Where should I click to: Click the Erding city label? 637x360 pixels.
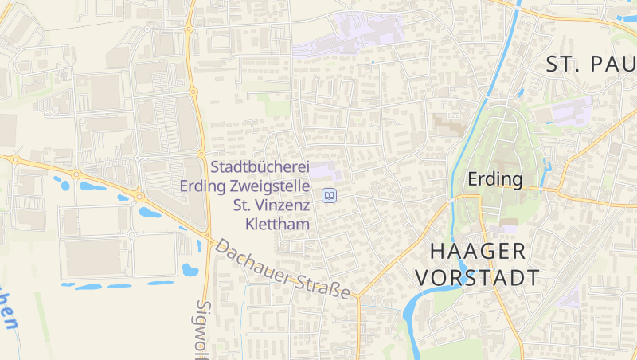tap(495, 179)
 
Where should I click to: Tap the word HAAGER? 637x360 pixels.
tap(478, 252)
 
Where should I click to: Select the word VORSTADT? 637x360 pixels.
tap(478, 278)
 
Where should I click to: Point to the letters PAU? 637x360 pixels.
tap(612, 65)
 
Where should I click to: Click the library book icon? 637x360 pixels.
tap(328, 195)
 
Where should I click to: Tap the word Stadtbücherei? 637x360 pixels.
tap(260, 168)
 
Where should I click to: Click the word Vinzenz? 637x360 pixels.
tap(283, 206)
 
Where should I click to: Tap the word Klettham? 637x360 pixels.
tap(277, 225)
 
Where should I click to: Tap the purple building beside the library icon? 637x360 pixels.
tap(322, 170)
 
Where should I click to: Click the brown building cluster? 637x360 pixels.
tap(447, 123)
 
